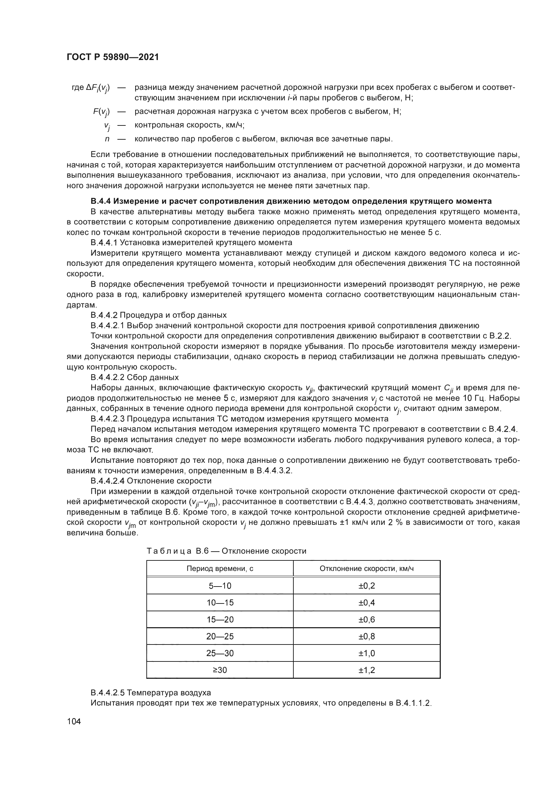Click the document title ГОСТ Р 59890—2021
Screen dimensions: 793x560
pos(112,57)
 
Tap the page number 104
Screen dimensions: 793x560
pos(74,721)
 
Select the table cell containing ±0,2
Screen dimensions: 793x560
pos(367,586)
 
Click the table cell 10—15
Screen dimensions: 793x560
pos(220,603)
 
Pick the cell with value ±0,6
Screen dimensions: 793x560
pos(367,620)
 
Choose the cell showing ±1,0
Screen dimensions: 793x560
pos(367,653)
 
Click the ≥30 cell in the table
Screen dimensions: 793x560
pos(220,670)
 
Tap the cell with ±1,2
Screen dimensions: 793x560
pos(367,670)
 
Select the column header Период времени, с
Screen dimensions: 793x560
pos(220,569)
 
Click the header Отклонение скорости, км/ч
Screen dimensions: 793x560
pos(367,569)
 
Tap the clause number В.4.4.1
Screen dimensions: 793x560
pos(104,242)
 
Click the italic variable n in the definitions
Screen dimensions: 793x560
pos(107,139)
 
